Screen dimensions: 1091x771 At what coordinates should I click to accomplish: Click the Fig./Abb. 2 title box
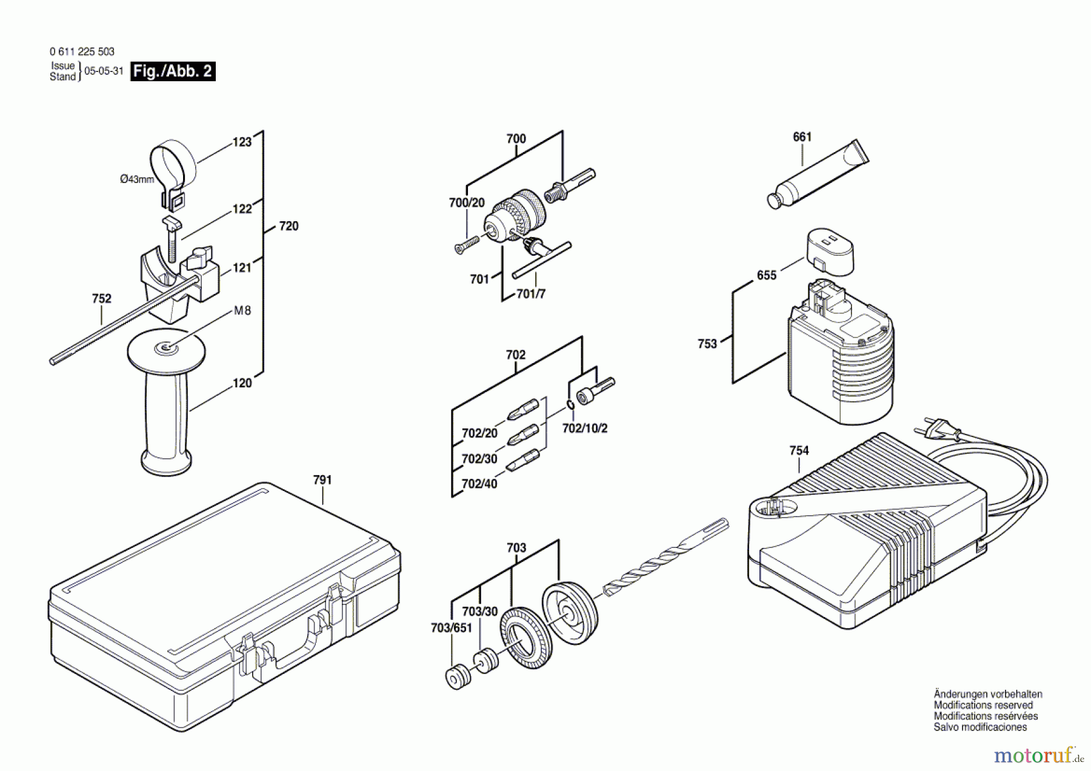tap(173, 71)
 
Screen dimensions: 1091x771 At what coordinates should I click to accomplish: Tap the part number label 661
tap(802, 137)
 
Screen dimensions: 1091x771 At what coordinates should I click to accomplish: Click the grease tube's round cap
tap(774, 201)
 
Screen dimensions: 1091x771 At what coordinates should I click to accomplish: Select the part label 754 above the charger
tap(799, 450)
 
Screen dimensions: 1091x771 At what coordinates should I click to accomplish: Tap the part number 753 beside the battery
tap(707, 344)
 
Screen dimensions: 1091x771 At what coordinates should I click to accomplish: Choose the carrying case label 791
tap(322, 480)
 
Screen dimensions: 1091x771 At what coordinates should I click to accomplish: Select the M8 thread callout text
tap(242, 311)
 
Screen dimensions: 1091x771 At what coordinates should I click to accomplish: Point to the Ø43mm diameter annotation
tap(137, 179)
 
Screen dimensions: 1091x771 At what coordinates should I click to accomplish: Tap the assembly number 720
tap(289, 226)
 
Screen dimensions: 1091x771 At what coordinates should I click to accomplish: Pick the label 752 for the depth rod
tap(102, 299)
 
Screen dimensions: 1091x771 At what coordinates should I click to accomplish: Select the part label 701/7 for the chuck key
tap(531, 294)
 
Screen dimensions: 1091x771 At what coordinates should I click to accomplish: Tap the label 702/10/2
tap(585, 428)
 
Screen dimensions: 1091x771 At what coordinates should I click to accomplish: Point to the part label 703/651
tap(451, 629)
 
